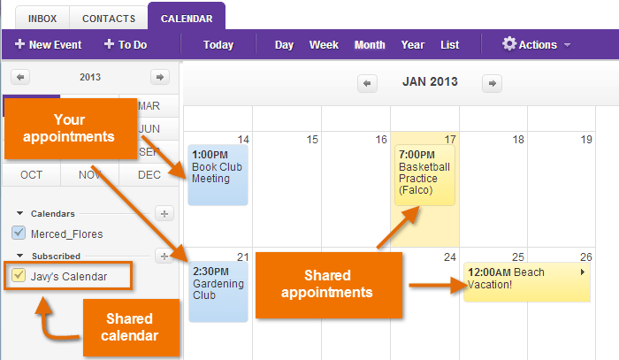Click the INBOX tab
pyautogui.click(x=42, y=18)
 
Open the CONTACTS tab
pyautogui.click(x=109, y=18)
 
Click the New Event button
pyautogui.click(x=49, y=44)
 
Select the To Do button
pyautogui.click(x=126, y=44)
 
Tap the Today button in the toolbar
pyautogui.click(x=218, y=44)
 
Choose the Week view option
pyautogui.click(x=324, y=44)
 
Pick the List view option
pyautogui.click(x=449, y=44)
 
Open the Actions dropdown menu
pyautogui.click(x=536, y=44)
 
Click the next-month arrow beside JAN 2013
pyautogui.click(x=493, y=83)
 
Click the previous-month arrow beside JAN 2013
pyautogui.click(x=368, y=83)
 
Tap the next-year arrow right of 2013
pyautogui.click(x=159, y=77)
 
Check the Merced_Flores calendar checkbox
pyautogui.click(x=19, y=234)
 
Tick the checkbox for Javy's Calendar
pyautogui.click(x=19, y=276)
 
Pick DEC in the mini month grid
pyautogui.click(x=149, y=174)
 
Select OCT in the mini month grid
pyautogui.click(x=31, y=174)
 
